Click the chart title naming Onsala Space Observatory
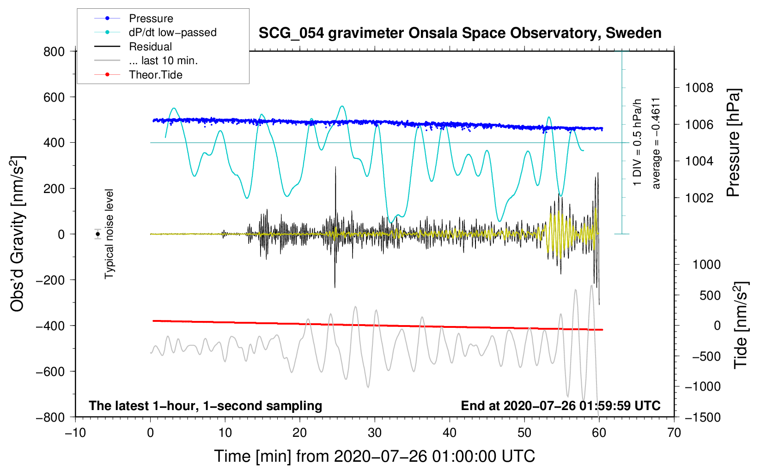tap(460, 33)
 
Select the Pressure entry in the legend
tap(151, 18)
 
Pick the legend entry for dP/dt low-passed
tap(172, 32)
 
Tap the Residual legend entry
tap(150, 47)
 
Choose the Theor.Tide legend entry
tap(155, 75)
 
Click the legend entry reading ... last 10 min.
tap(163, 60)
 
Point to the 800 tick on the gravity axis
tap(54, 52)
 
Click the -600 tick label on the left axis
tap(50, 371)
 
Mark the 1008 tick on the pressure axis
tap(699, 88)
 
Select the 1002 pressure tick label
tap(699, 198)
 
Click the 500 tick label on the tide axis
tap(710, 296)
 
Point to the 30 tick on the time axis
tap(375, 433)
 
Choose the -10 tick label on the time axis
tap(75, 433)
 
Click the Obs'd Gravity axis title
tap(18, 234)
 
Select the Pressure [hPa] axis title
tap(733, 143)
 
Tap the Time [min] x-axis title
tap(375, 456)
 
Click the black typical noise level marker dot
tap(98, 234)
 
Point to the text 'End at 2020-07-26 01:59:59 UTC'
tap(560, 405)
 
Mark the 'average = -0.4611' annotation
tap(656, 143)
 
